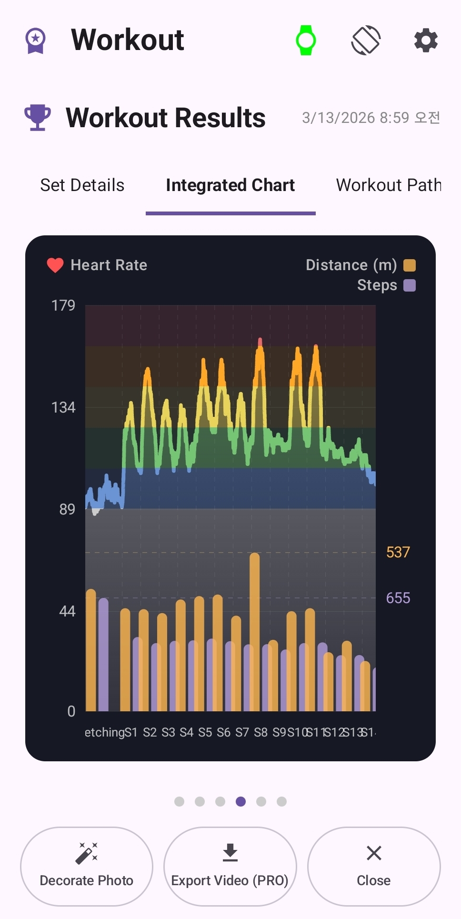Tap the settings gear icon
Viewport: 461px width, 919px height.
tap(425, 40)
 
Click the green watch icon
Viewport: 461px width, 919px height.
tap(306, 40)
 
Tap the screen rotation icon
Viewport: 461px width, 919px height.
tap(366, 40)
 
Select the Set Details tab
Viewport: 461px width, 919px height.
tap(82, 185)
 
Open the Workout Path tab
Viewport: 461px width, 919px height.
tap(388, 185)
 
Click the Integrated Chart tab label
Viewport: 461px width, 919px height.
tap(230, 185)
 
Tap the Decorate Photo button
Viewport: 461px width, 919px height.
tap(87, 866)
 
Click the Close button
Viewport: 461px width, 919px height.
tap(374, 866)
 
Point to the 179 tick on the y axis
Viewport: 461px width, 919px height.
tap(63, 305)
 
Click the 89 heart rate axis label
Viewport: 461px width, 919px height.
tap(67, 509)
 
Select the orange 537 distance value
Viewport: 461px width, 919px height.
tap(398, 552)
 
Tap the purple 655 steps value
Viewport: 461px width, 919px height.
tap(398, 598)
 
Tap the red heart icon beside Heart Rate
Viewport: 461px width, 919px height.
tap(55, 265)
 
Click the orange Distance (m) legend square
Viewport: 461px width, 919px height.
tap(410, 265)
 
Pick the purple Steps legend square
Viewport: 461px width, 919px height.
tap(410, 285)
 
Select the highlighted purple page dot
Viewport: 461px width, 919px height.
tap(241, 801)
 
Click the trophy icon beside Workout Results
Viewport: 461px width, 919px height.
tap(37, 117)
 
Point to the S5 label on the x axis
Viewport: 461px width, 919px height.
tap(205, 732)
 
